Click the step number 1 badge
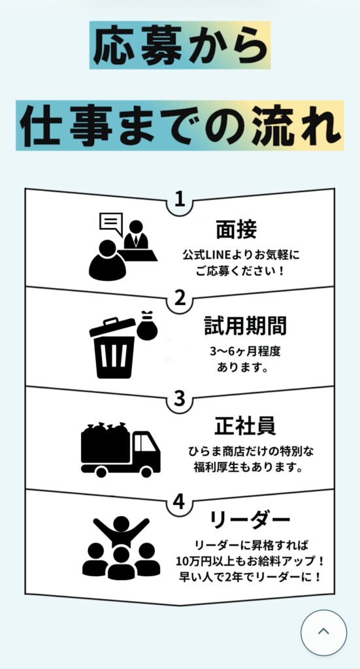pos(180,200)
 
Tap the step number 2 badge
pos(180,299)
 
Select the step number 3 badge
pos(180,399)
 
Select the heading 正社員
pos(245,427)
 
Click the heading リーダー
pos(250,519)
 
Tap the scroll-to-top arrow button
pos(324,632)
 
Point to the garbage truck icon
pos(120,449)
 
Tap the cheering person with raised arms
pos(122,531)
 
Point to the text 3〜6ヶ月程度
pos(245,351)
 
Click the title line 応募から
pos(180,45)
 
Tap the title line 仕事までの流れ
pos(180,125)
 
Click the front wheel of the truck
pos(146,472)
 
